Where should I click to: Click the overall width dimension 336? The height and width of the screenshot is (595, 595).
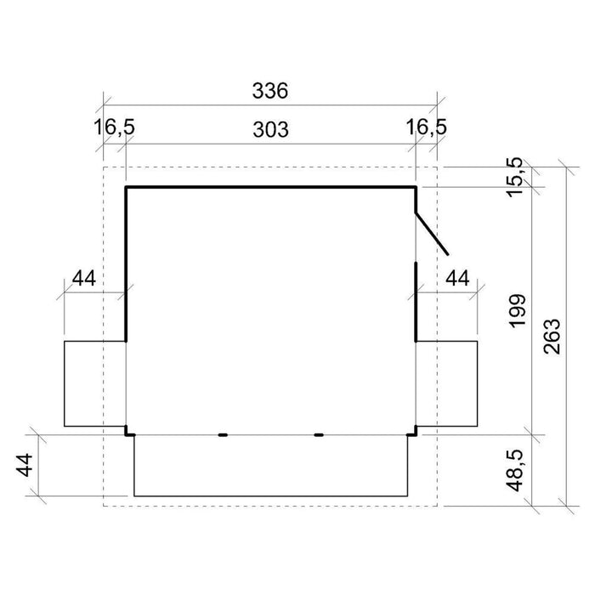(270, 90)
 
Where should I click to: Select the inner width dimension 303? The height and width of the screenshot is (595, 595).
(270, 129)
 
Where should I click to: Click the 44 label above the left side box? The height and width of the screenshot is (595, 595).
(82, 278)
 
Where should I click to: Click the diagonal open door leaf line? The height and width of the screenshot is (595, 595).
(431, 232)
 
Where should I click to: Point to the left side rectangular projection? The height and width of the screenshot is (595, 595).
(94, 382)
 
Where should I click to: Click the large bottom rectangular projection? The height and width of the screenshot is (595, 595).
(270, 465)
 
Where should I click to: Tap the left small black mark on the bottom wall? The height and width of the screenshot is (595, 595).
(223, 434)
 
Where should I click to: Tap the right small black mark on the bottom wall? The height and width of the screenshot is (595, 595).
(319, 434)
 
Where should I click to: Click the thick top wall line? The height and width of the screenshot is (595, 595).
(270, 186)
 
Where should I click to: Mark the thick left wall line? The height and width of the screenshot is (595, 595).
(127, 263)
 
